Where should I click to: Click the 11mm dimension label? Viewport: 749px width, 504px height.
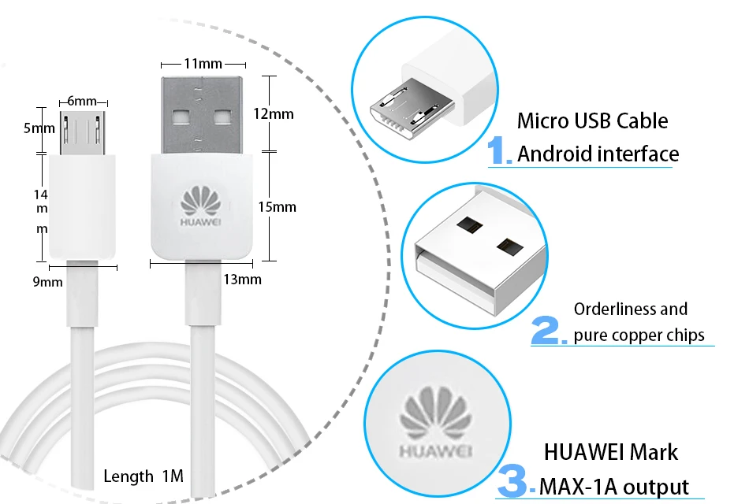(x=203, y=64)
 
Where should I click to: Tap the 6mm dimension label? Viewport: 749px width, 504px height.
(x=82, y=101)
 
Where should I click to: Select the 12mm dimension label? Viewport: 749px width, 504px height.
(x=274, y=113)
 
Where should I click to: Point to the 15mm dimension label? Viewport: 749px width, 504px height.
(x=277, y=206)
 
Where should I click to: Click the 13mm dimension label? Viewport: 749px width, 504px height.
(x=243, y=279)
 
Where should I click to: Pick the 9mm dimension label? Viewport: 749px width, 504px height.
(x=47, y=281)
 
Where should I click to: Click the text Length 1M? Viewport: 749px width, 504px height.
(x=143, y=476)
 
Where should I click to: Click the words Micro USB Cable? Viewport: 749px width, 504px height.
(x=592, y=121)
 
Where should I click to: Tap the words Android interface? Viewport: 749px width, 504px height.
(x=598, y=154)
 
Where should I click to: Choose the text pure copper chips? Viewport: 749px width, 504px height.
(x=639, y=335)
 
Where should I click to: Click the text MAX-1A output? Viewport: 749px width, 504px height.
(x=615, y=487)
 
